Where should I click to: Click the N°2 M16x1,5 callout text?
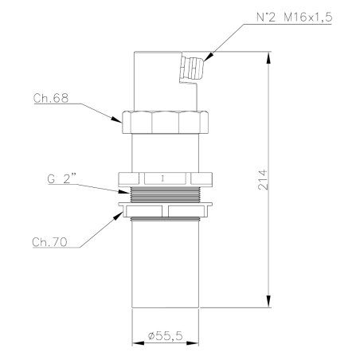[x=294, y=18]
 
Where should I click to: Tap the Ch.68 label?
[x=51, y=98]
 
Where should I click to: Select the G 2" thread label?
[x=62, y=178]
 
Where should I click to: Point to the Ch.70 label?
[x=49, y=242]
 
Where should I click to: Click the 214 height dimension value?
[x=263, y=179]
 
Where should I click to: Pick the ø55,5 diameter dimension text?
[x=165, y=336]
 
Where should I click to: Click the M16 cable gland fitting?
[x=191, y=68]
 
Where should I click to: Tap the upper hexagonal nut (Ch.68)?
[x=165, y=122]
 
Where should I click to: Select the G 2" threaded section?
[x=165, y=194]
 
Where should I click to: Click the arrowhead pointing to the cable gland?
[x=209, y=57]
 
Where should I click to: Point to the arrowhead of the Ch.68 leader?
[x=116, y=119]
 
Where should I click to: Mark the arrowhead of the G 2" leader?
[x=123, y=191]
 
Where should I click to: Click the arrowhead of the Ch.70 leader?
[x=119, y=216]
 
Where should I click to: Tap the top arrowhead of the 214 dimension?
[x=268, y=57]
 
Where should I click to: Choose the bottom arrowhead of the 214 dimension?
[x=268, y=302]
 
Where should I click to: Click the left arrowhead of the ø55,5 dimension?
[x=138, y=343]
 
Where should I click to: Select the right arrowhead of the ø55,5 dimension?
[x=193, y=343]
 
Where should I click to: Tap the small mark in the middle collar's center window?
[x=162, y=178]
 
